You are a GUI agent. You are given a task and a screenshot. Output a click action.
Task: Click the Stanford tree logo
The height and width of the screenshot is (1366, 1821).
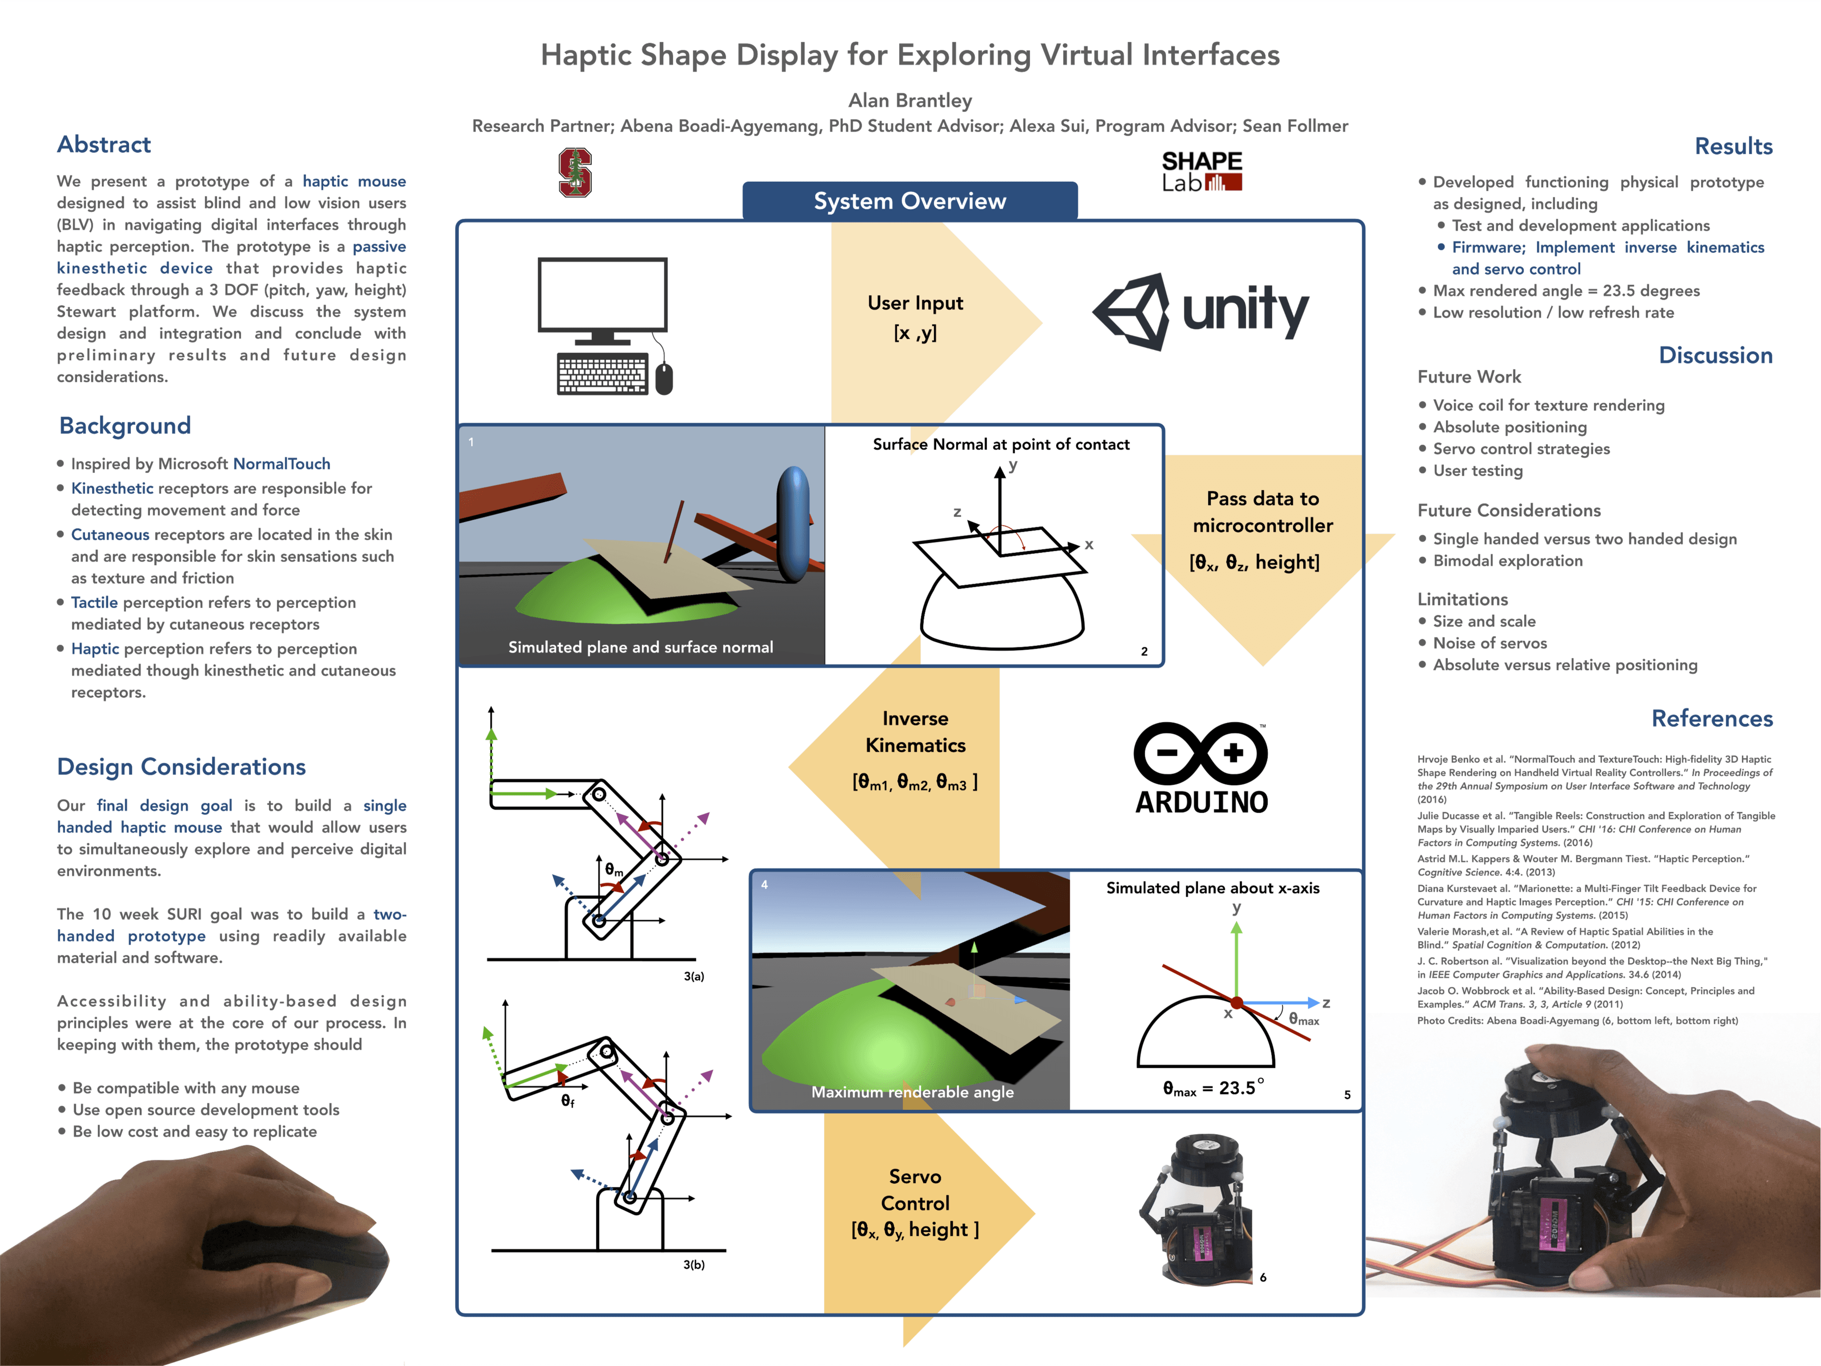pyautogui.click(x=575, y=172)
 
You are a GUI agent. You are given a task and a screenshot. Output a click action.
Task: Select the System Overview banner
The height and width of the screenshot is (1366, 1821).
pyautogui.click(x=909, y=201)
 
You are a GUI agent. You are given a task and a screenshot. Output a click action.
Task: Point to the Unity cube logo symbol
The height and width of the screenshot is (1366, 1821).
pyautogui.click(x=1133, y=311)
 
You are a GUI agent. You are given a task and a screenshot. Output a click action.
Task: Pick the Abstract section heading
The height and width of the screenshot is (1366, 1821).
pyautogui.click(x=104, y=145)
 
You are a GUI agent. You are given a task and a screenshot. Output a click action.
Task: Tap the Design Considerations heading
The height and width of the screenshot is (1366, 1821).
pyautogui.click(x=181, y=766)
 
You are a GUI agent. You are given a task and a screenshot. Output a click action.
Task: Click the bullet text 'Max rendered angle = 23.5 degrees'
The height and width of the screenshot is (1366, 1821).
pyautogui.click(x=1566, y=291)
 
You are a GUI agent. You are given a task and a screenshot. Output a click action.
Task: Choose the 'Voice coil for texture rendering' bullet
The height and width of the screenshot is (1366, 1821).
pyautogui.click(x=1548, y=405)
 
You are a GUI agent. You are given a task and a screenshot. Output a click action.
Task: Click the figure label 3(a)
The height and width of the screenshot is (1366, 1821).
pyautogui.click(x=693, y=977)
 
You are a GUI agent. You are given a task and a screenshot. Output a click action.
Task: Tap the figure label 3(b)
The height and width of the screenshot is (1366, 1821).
pyautogui.click(x=693, y=1264)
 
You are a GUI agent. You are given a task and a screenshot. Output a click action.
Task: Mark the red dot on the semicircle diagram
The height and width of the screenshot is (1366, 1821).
pyautogui.click(x=1236, y=1003)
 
